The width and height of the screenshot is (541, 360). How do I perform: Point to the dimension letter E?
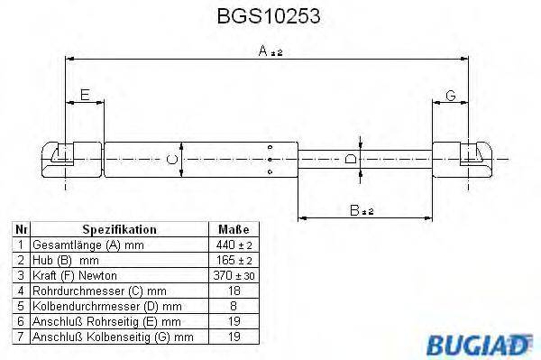tap(85, 94)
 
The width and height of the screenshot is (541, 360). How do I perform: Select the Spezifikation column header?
tap(120, 230)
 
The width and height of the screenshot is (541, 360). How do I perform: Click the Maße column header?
tap(234, 230)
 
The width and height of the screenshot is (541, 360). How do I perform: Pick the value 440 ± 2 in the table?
tap(234, 245)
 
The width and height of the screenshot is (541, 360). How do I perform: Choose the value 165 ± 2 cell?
tap(234, 260)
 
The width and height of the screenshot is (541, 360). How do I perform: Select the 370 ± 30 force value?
tap(234, 275)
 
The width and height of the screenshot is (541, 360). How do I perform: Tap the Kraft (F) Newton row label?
tap(74, 275)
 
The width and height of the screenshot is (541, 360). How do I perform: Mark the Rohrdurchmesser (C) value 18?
tap(234, 291)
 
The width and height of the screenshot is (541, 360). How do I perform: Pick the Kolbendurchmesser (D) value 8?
tap(234, 306)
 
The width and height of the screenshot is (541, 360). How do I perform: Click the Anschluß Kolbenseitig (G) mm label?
tap(113, 337)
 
